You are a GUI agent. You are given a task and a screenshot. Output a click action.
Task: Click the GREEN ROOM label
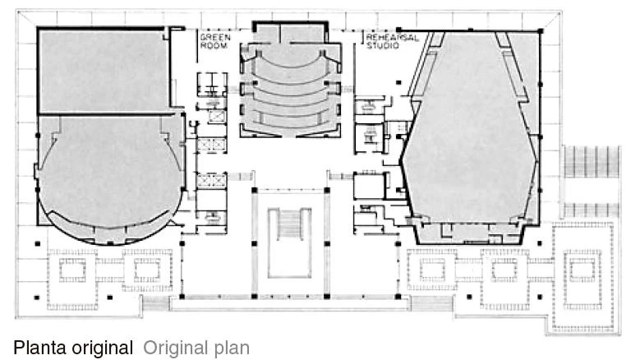[x=215, y=41]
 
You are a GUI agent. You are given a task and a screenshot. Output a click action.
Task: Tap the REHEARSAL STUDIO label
[x=393, y=41]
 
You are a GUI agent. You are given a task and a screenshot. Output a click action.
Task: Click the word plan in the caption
[x=229, y=348]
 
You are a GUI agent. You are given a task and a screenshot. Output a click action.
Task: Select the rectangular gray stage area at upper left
[x=104, y=70]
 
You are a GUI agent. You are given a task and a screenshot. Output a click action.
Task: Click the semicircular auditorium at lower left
[x=109, y=178]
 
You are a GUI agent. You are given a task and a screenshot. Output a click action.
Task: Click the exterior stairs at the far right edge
[x=592, y=162]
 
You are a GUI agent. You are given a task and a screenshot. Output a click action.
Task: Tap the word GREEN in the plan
[x=215, y=38]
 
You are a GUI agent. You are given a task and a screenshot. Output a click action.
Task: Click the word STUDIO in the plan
[x=382, y=45]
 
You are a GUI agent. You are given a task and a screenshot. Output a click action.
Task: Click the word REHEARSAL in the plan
[x=393, y=38]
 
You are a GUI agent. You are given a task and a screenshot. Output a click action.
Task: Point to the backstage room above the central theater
[x=290, y=32]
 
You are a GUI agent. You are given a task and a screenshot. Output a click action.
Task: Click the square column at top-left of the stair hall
[x=255, y=190]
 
